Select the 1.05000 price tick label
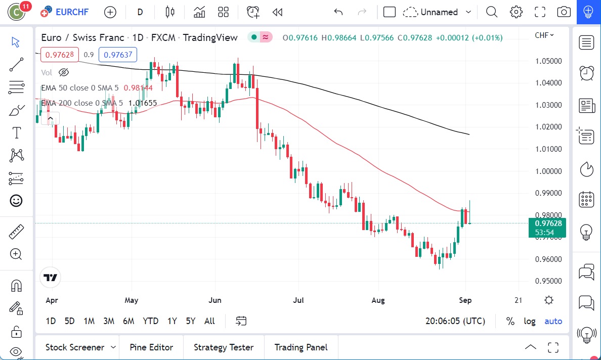click(x=548, y=61)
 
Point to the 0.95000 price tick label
click(x=548, y=281)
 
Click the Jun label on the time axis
click(x=215, y=300)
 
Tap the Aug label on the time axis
click(x=378, y=300)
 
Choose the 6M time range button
click(x=128, y=321)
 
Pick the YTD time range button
click(x=150, y=321)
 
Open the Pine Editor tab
click(x=151, y=347)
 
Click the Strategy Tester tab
click(x=224, y=347)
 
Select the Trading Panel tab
click(x=300, y=347)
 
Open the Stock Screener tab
click(x=75, y=347)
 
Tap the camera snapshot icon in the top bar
click(x=564, y=12)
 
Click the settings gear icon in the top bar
click(x=516, y=12)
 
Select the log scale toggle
click(x=530, y=321)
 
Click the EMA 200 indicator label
click(x=81, y=103)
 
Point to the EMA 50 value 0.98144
click(x=138, y=88)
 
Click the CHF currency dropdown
click(x=544, y=35)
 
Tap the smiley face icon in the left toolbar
click(x=17, y=201)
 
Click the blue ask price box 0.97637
click(x=117, y=55)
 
